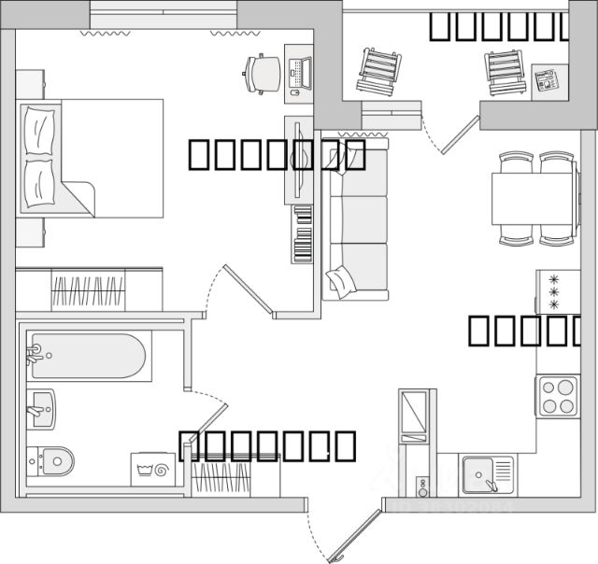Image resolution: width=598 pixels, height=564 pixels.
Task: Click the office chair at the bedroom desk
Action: tap(263, 72)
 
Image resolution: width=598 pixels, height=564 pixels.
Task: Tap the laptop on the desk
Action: tap(300, 70)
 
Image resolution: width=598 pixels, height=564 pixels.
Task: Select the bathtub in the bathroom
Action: tap(88, 356)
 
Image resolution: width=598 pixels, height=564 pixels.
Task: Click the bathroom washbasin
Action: tap(41, 407)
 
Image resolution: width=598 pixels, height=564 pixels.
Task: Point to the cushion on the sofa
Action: tap(340, 278)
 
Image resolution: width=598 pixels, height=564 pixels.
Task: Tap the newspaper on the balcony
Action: tap(545, 81)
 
